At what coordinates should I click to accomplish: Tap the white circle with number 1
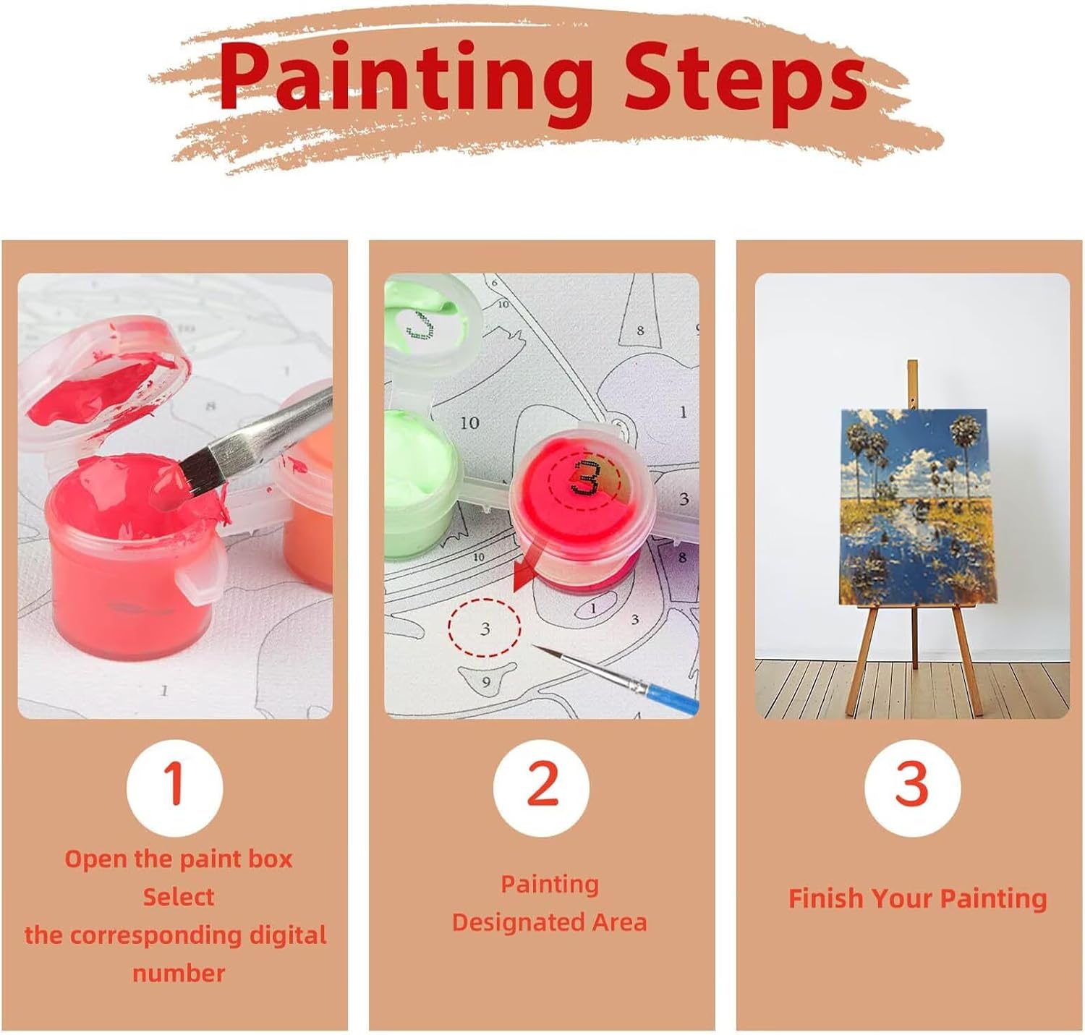(x=174, y=788)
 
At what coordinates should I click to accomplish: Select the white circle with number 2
(x=541, y=788)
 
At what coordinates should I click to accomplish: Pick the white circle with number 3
(x=912, y=788)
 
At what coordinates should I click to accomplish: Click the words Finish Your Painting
(x=917, y=898)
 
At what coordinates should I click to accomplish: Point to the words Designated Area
(x=549, y=922)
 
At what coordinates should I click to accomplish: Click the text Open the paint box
(x=178, y=859)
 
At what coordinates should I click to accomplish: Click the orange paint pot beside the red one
(x=307, y=486)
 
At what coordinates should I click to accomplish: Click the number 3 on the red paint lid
(x=584, y=477)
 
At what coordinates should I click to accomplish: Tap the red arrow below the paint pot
(x=529, y=568)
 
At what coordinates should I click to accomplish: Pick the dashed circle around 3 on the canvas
(x=484, y=628)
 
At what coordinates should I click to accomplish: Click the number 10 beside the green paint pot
(x=469, y=423)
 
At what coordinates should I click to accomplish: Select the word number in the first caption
(x=179, y=973)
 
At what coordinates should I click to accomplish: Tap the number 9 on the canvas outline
(x=486, y=682)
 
